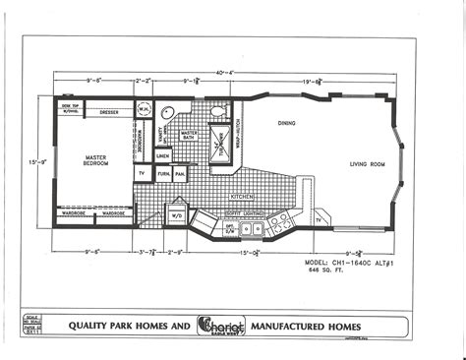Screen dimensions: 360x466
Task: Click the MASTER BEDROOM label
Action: click(95, 159)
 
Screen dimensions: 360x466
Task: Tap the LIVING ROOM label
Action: click(367, 163)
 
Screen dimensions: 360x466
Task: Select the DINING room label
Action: click(286, 124)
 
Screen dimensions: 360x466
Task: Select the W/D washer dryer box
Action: click(178, 214)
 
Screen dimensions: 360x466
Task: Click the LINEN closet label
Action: click(163, 155)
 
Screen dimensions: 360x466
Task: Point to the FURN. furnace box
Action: click(164, 173)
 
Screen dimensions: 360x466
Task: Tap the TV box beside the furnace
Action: click(142, 173)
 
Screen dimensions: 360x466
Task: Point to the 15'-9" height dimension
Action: click(35, 161)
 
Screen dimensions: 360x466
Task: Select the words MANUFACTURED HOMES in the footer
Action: click(306, 326)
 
